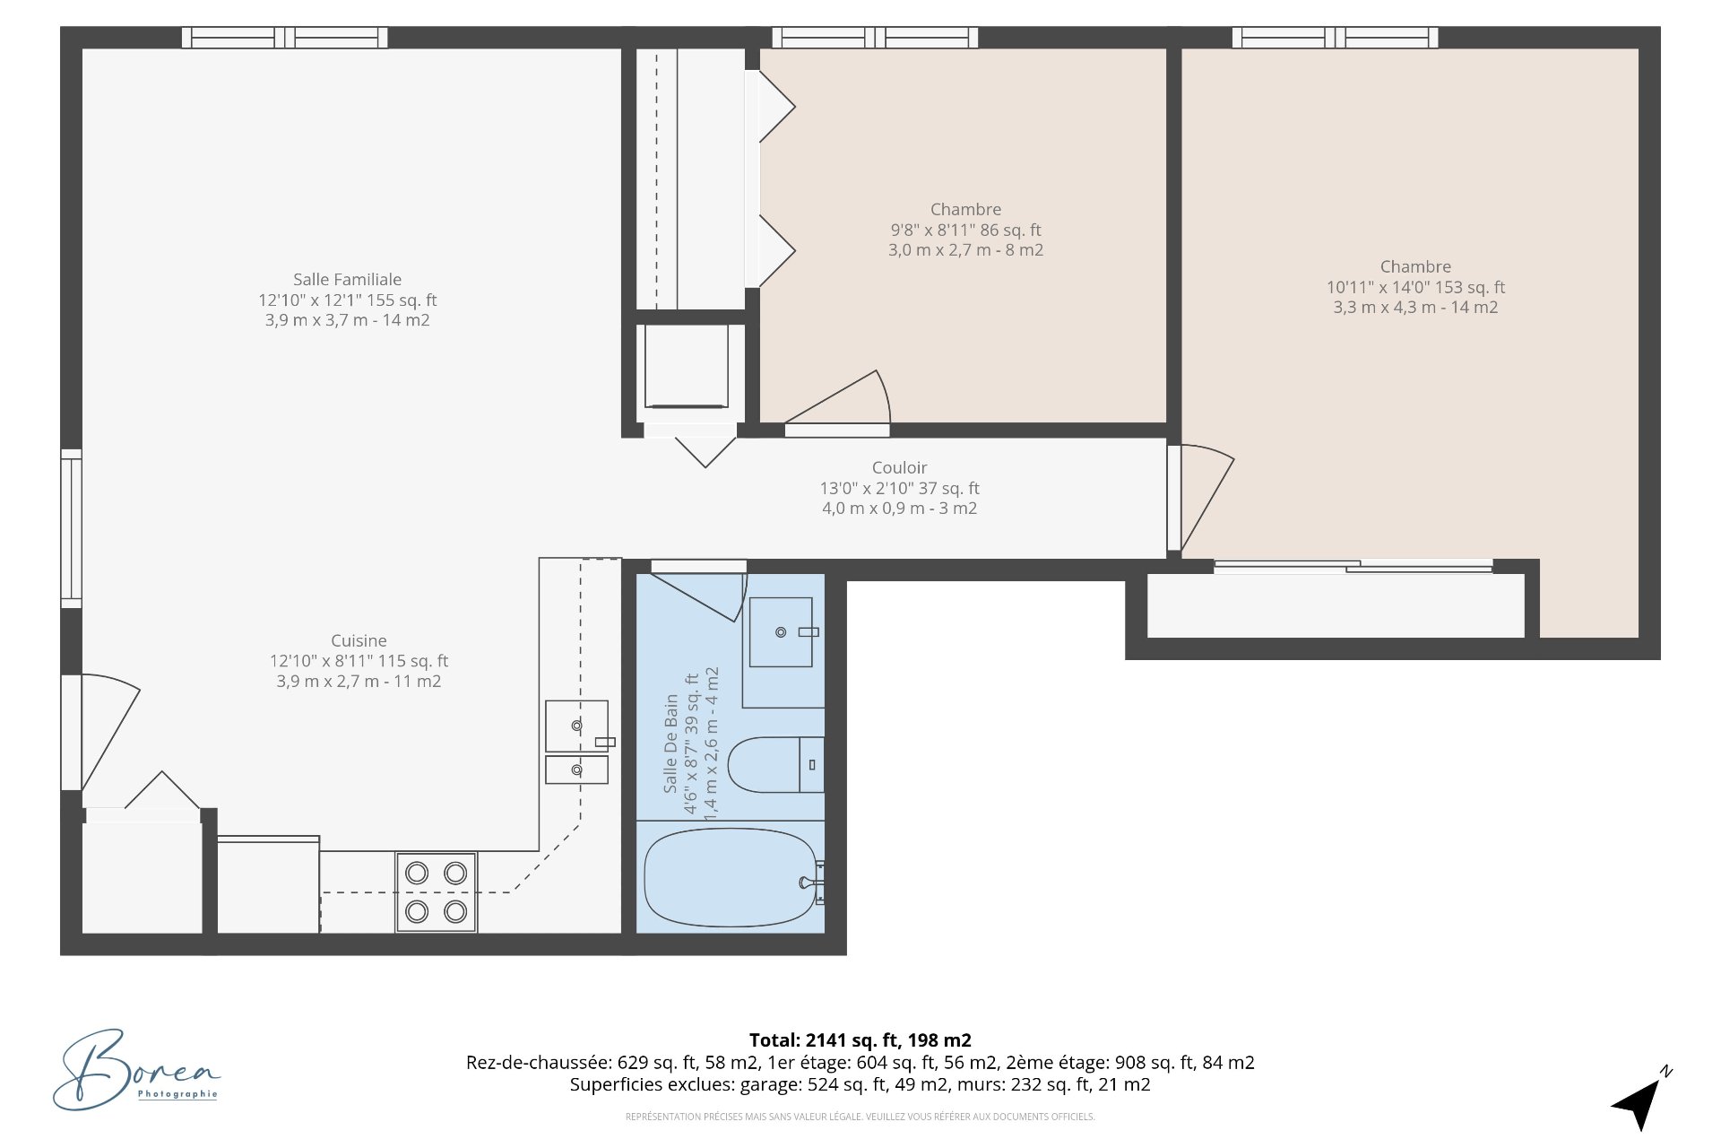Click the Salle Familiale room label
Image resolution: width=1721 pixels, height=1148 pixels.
pos(347,280)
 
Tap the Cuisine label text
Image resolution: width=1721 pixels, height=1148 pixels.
pos(359,640)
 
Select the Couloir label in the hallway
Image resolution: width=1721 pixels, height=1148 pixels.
pos(899,467)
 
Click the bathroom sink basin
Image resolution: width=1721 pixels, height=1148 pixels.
pos(781,632)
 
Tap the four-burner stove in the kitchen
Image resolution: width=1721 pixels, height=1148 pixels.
pos(436,892)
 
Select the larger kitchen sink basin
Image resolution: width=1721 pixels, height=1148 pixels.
pos(575,725)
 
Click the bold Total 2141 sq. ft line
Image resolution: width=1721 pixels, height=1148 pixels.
pos(860,1040)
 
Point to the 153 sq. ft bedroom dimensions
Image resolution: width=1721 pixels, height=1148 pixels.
pos(1415,288)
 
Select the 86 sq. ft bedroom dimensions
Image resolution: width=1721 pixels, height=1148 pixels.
pos(965,230)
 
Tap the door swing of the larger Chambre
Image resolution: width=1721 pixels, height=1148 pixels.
pos(1206,498)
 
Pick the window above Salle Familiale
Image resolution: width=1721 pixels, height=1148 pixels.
pos(284,38)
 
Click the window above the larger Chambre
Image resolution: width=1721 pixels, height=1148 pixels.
pos(1335,38)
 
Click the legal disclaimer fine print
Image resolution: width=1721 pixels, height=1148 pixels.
pos(860,1117)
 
